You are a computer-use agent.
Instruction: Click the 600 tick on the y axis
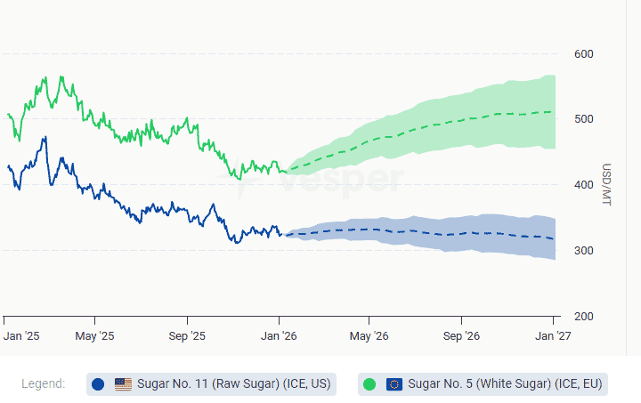point(584,54)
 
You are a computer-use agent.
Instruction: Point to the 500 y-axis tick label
point(584,120)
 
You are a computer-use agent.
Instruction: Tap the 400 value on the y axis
point(584,185)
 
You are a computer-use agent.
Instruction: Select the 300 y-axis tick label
point(584,251)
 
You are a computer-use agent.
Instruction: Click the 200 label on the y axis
point(584,317)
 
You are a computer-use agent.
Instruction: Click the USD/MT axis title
point(607,186)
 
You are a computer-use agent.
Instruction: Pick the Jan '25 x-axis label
point(21,336)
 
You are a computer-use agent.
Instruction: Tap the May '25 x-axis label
point(95,336)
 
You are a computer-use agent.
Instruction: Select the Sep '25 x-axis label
point(187,336)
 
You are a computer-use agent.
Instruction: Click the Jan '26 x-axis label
point(280,336)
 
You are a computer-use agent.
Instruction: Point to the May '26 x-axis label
point(369,336)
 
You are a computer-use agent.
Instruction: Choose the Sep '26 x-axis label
point(461,336)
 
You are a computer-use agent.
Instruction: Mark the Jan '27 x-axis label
point(553,336)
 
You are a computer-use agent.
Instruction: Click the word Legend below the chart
point(43,384)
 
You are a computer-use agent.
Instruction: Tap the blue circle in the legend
point(98,384)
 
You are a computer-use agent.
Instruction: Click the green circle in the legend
point(369,384)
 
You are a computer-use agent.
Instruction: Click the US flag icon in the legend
point(123,384)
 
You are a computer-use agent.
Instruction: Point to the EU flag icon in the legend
point(394,384)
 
